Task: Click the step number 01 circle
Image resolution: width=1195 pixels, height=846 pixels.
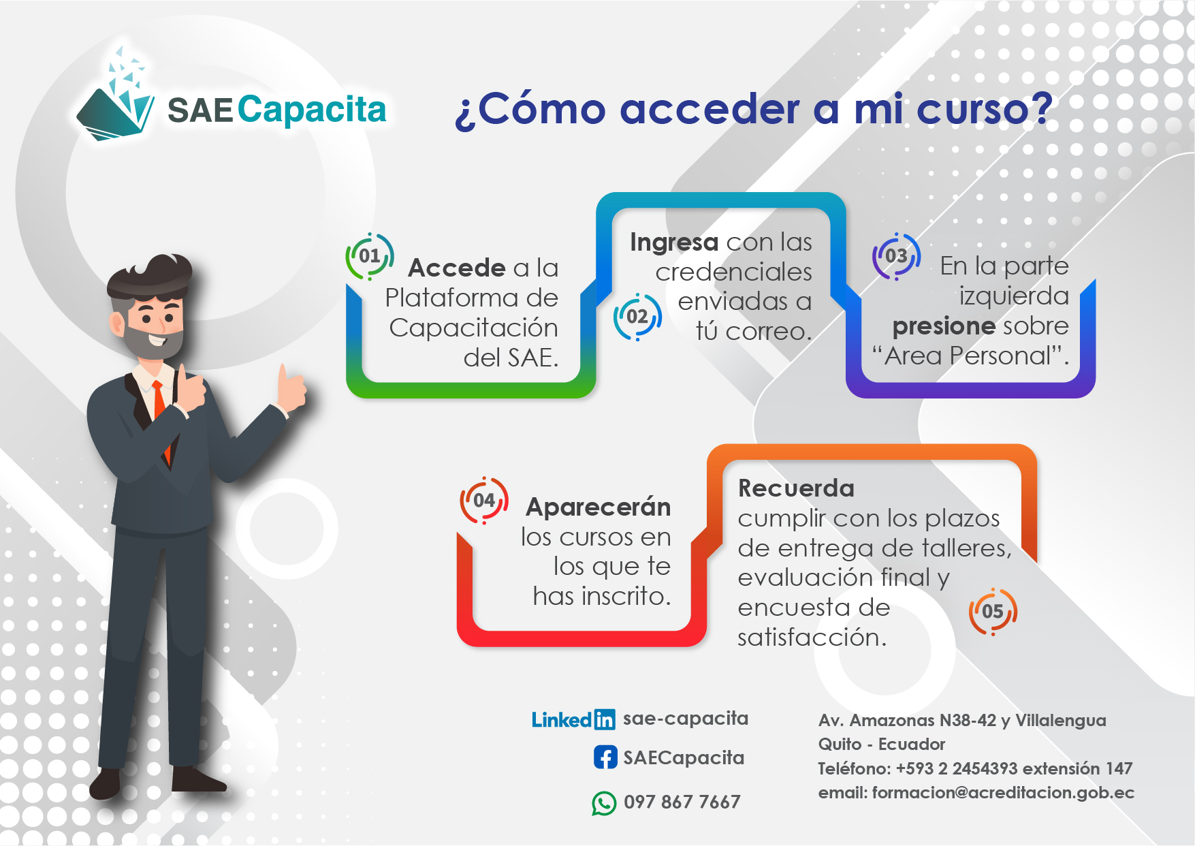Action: (x=370, y=256)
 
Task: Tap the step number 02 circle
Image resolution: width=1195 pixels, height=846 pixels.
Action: (x=637, y=316)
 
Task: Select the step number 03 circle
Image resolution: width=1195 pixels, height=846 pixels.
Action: (x=896, y=256)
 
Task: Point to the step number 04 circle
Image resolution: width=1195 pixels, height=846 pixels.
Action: (x=484, y=500)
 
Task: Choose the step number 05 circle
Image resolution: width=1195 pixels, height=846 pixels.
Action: (x=993, y=611)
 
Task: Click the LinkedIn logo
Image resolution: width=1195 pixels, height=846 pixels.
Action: (x=573, y=719)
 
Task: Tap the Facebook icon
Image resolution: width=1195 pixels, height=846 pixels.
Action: (x=605, y=757)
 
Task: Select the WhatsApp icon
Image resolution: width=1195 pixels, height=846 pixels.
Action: (x=604, y=803)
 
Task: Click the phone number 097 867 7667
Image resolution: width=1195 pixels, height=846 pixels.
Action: (x=682, y=802)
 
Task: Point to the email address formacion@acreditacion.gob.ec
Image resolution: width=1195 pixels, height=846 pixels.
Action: (x=1003, y=793)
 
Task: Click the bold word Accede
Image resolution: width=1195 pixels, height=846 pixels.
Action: (x=457, y=268)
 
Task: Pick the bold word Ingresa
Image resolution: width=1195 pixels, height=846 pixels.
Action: (x=674, y=242)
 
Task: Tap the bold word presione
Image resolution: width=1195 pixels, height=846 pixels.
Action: (x=944, y=326)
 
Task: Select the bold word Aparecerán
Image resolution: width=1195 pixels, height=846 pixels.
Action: (x=599, y=507)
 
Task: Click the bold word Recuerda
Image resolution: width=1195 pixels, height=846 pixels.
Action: (x=796, y=488)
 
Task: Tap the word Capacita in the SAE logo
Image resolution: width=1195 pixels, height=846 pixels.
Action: (x=312, y=110)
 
